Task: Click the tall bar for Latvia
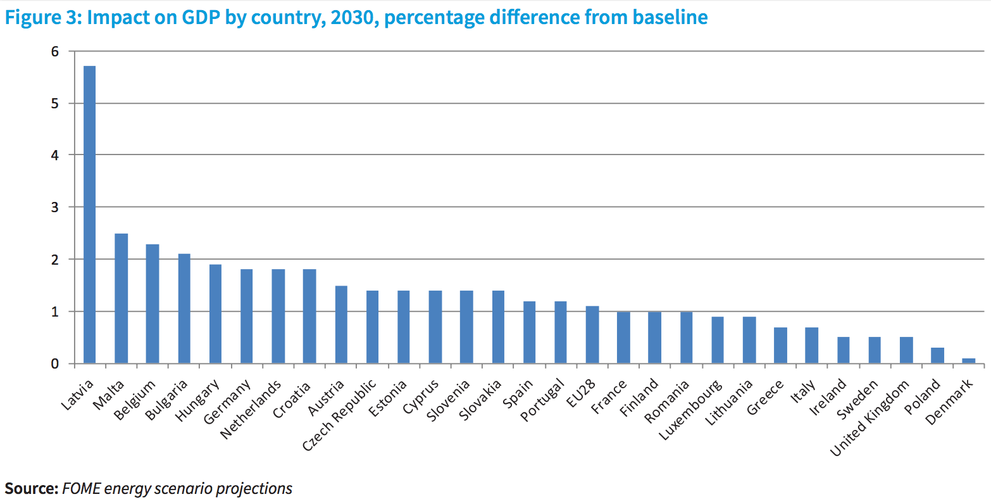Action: [x=89, y=215]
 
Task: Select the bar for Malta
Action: [x=122, y=298]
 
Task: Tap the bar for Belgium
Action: [x=153, y=304]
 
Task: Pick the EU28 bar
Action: [x=592, y=335]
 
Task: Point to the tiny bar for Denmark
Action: [x=968, y=361]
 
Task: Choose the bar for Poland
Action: [x=937, y=355]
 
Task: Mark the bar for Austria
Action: [x=341, y=325]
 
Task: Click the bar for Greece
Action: [x=780, y=345]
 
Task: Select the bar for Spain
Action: [x=530, y=332]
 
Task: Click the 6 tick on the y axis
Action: [x=55, y=52]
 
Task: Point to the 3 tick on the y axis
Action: [x=55, y=207]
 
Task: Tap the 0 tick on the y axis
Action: [x=55, y=363]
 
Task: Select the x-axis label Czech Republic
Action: [x=339, y=415]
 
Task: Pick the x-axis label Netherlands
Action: [x=251, y=410]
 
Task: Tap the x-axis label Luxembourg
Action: [x=690, y=410]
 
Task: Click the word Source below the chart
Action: [x=32, y=488]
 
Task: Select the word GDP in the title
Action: [x=201, y=18]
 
